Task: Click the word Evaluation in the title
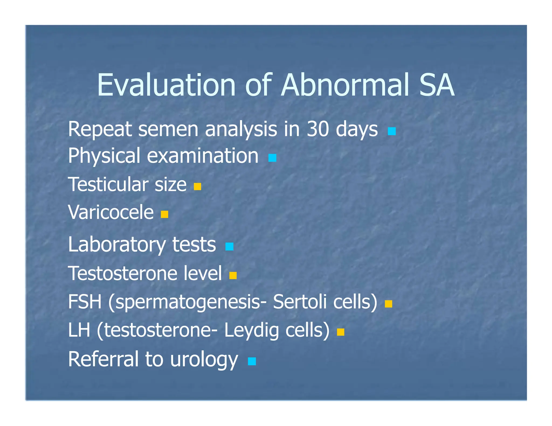coord(166,85)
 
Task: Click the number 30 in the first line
coord(318,129)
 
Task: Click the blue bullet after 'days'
coord(392,131)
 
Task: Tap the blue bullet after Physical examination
coord(272,158)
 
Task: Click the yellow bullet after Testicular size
coord(197,186)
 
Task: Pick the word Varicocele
coord(111,212)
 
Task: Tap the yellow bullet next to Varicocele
coord(164,214)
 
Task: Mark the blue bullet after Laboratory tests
coord(229,246)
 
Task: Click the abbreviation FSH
coord(85,302)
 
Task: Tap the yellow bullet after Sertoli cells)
coord(388,304)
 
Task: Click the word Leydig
coord(251,330)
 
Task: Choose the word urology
coord(204,359)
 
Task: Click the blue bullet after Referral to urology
coord(252,361)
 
